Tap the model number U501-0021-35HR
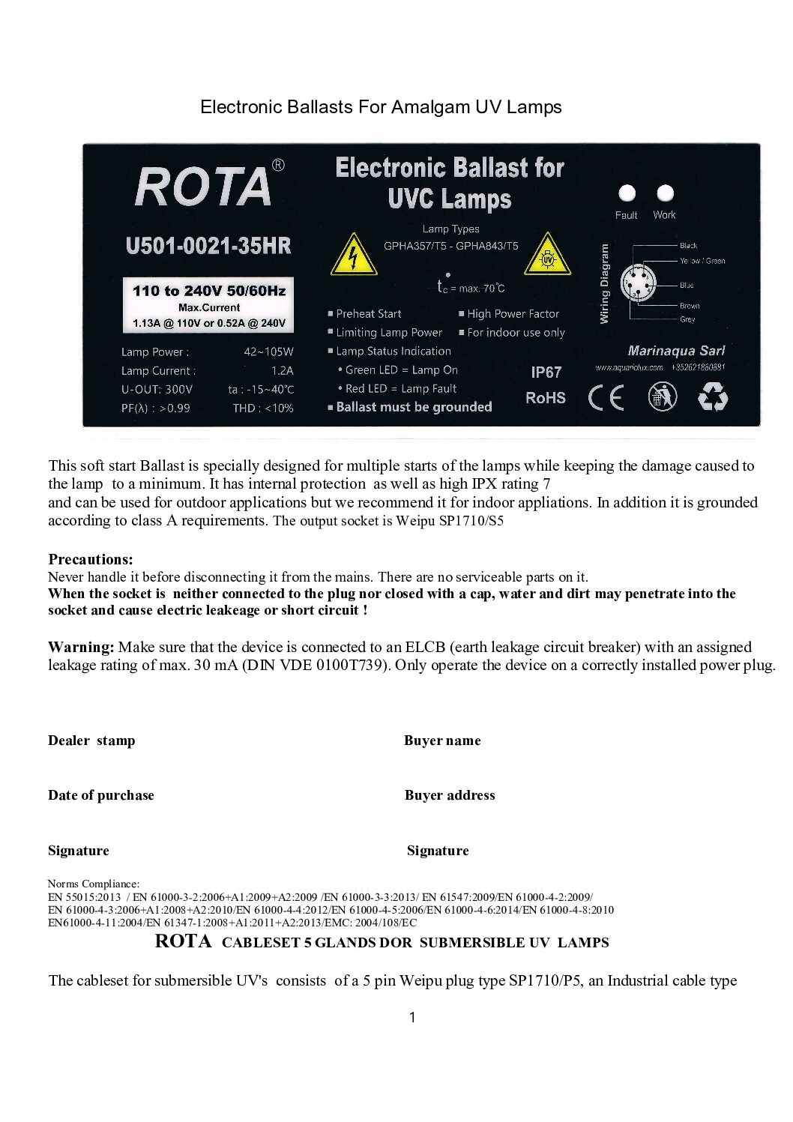(x=208, y=246)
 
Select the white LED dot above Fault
(x=627, y=193)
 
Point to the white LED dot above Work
(x=665, y=193)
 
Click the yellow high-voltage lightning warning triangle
(x=353, y=255)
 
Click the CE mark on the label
(x=606, y=397)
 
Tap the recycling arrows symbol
(x=712, y=396)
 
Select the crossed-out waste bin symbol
(x=662, y=396)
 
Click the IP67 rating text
(x=546, y=372)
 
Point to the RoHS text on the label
(x=546, y=398)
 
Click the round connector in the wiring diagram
(x=639, y=284)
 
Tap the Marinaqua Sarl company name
(x=676, y=351)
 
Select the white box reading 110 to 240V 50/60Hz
(x=208, y=306)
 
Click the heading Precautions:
(x=91, y=559)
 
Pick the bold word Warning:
(x=81, y=647)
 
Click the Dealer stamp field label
(x=91, y=741)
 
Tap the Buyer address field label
(x=450, y=795)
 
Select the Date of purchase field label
(x=101, y=795)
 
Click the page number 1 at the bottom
(x=412, y=1017)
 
